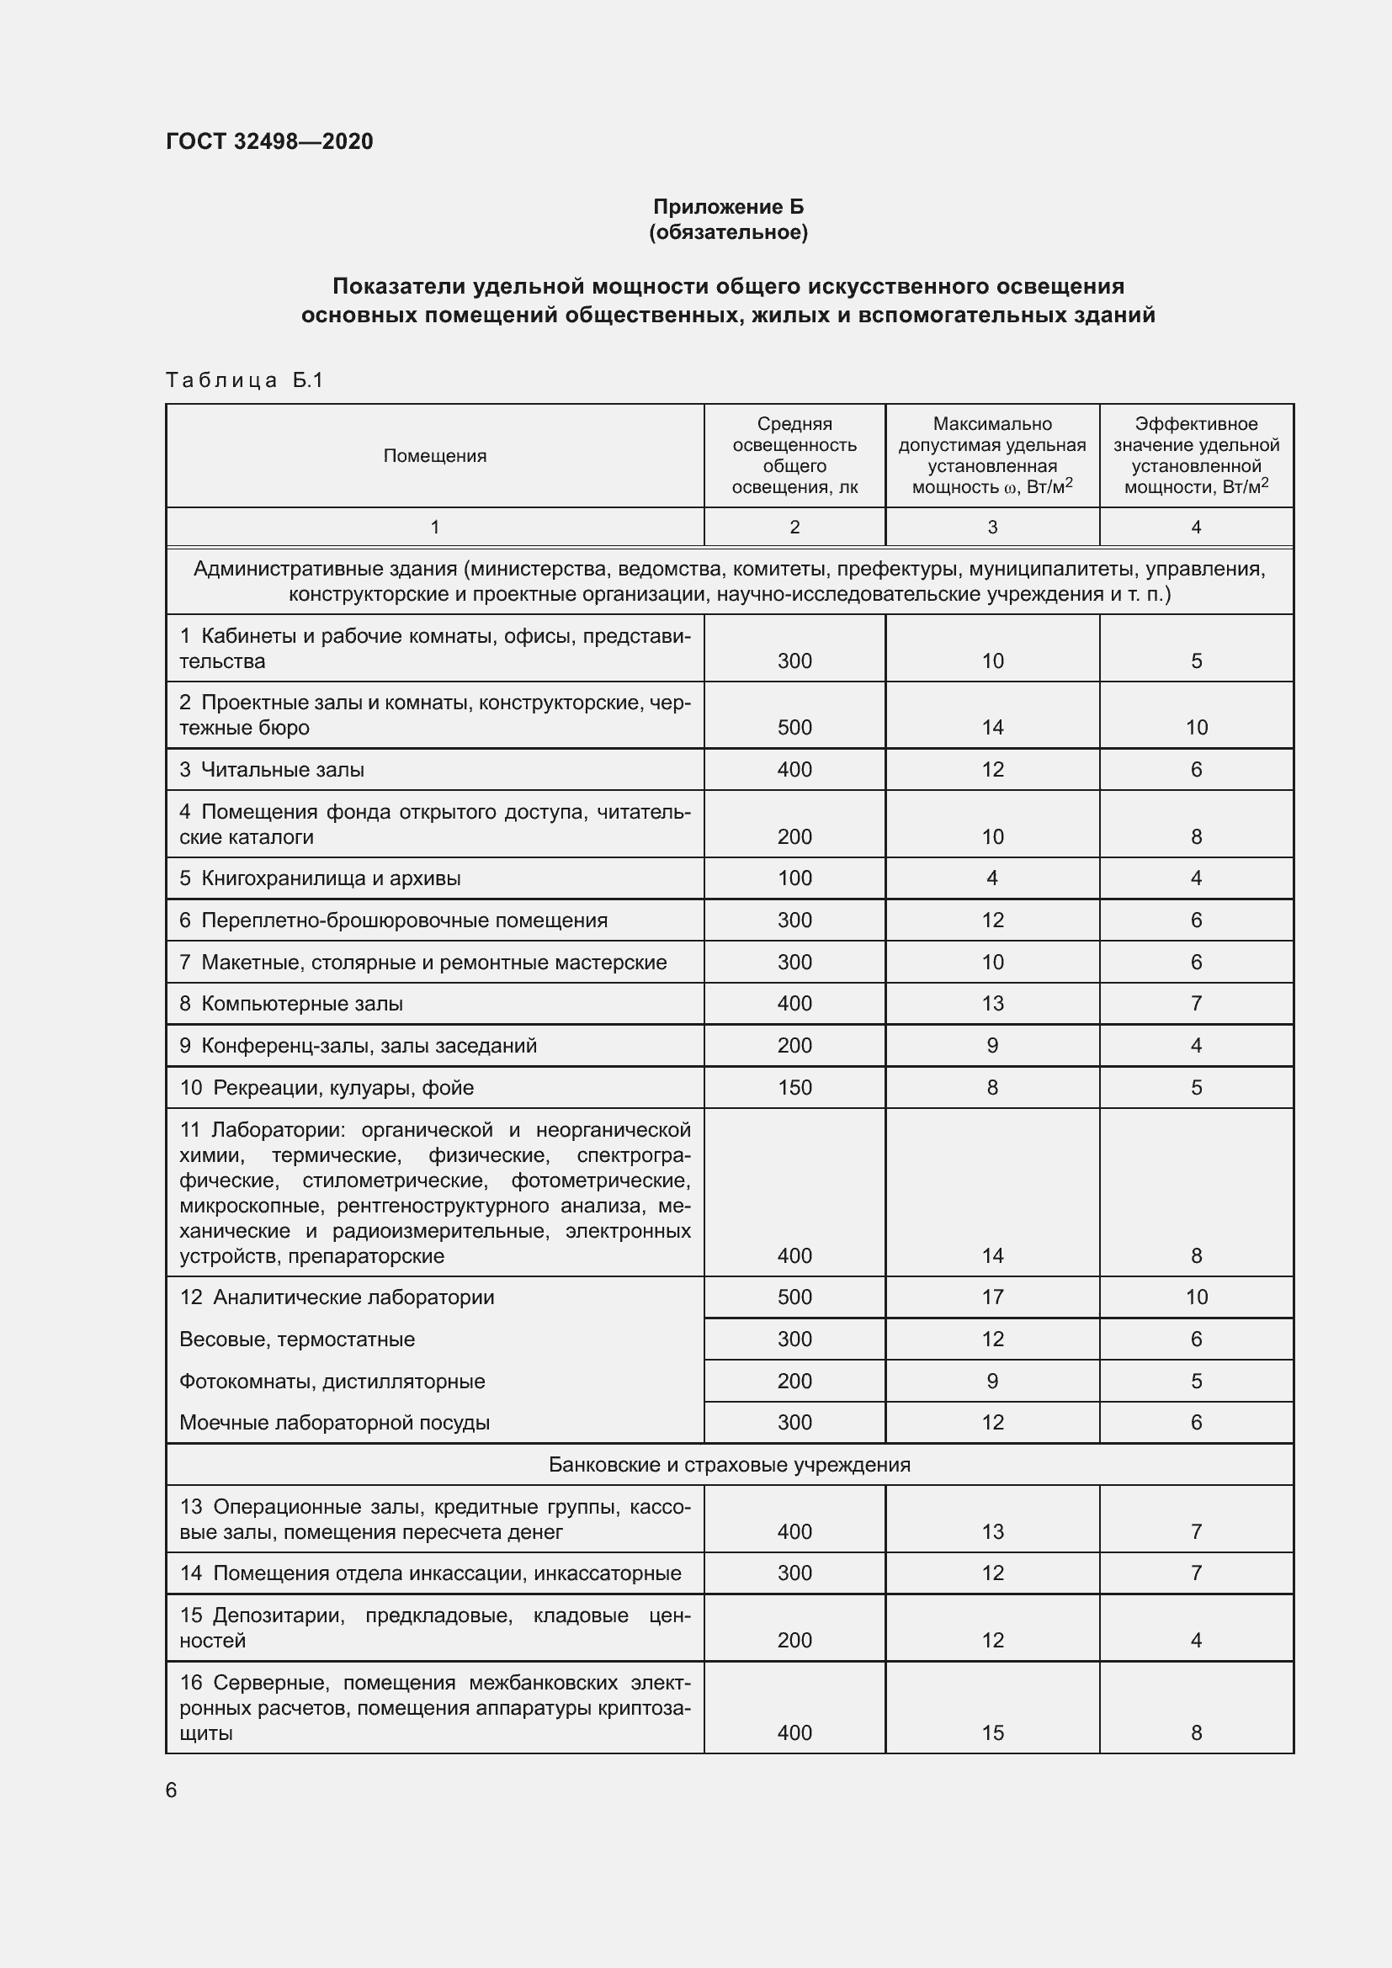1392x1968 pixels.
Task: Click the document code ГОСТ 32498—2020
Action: tap(269, 141)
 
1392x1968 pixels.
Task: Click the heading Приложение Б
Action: tap(729, 207)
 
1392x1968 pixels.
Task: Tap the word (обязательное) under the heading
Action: tap(729, 232)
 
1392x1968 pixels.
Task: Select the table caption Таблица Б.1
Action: tap(244, 379)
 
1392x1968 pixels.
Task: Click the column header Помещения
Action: tap(434, 456)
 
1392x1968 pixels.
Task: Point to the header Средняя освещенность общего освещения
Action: tap(794, 455)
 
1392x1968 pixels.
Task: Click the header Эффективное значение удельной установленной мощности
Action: tap(1196, 455)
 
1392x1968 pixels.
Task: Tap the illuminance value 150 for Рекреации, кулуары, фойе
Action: tap(794, 1088)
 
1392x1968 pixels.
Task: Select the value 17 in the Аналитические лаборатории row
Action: tap(992, 1297)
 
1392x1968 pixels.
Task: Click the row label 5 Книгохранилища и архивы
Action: tap(321, 878)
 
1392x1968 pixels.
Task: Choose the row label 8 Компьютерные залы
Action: tap(291, 1004)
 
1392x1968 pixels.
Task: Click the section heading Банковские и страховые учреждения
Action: tap(730, 1465)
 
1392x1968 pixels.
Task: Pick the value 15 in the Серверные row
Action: tap(992, 1733)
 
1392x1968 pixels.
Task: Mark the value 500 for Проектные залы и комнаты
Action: tap(794, 728)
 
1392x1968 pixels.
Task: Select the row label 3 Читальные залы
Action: tap(273, 770)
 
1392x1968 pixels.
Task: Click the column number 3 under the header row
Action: tap(992, 528)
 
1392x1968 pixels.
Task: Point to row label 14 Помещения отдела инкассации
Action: tap(430, 1573)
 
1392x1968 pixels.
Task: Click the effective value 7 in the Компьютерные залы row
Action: tap(1196, 1004)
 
